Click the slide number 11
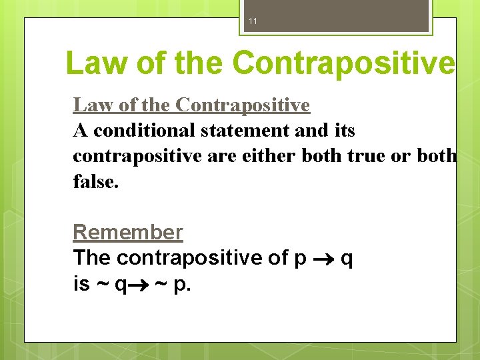[x=253, y=21]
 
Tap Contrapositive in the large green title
[x=344, y=63]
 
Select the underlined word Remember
[x=127, y=232]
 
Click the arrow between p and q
[x=324, y=258]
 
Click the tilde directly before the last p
[x=161, y=285]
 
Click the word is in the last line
[x=81, y=284]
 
